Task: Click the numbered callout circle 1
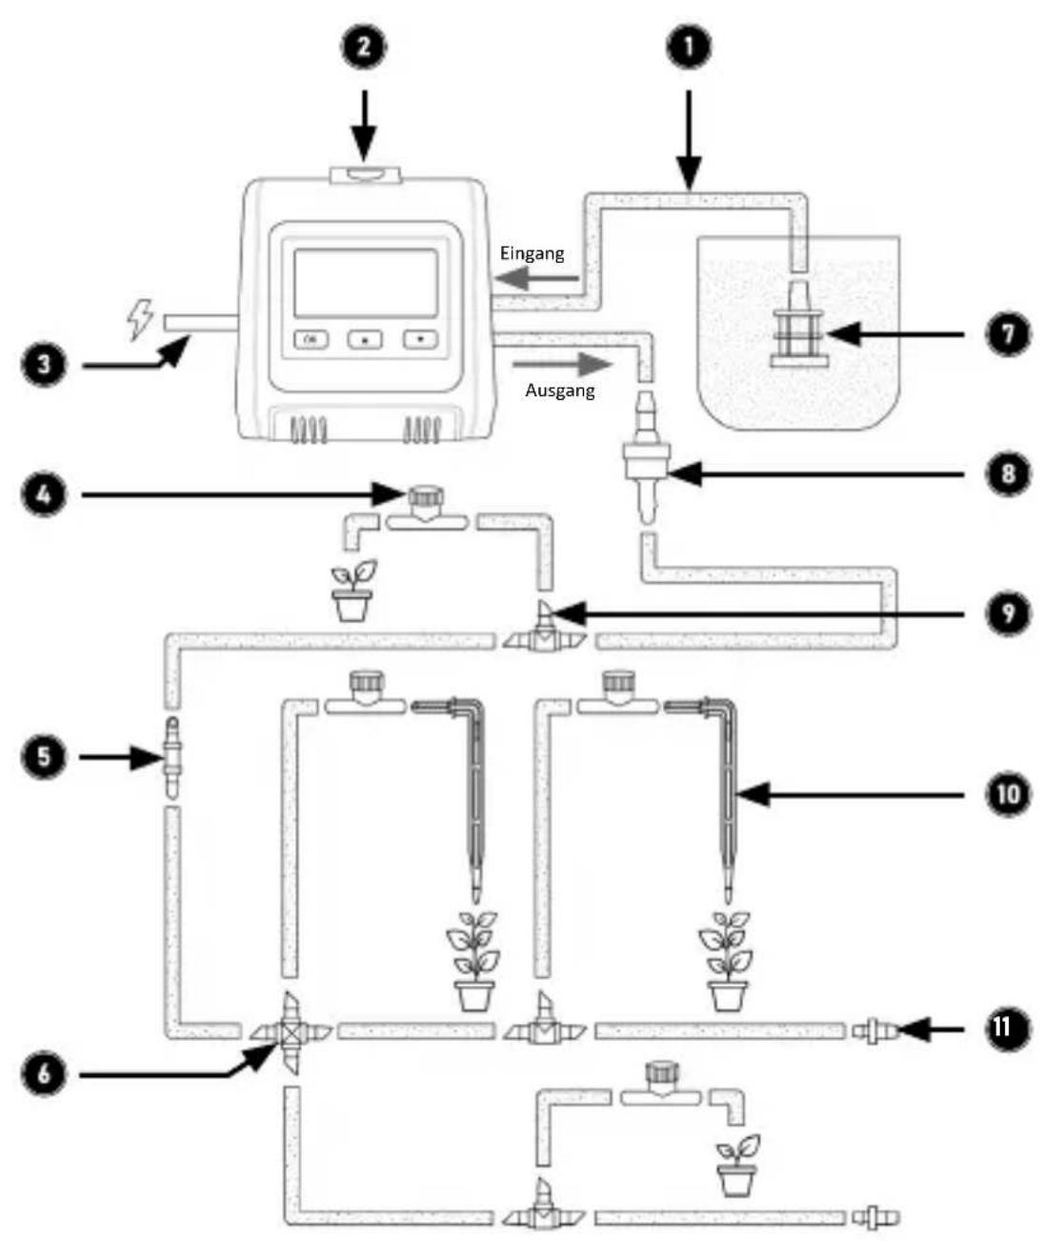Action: click(689, 47)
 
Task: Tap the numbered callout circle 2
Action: click(363, 47)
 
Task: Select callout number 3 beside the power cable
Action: click(45, 364)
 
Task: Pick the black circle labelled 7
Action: click(1007, 334)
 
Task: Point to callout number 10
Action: click(1007, 794)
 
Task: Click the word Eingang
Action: click(532, 254)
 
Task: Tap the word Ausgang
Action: click(559, 390)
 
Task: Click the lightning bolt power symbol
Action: click(140, 319)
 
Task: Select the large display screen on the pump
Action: click(366, 283)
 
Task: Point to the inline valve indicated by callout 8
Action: click(646, 458)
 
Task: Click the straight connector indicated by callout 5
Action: click(171, 757)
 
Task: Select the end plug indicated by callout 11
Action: click(875, 1031)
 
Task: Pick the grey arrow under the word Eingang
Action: click(538, 278)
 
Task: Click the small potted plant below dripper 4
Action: click(353, 590)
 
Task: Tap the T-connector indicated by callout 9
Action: click(544, 629)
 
